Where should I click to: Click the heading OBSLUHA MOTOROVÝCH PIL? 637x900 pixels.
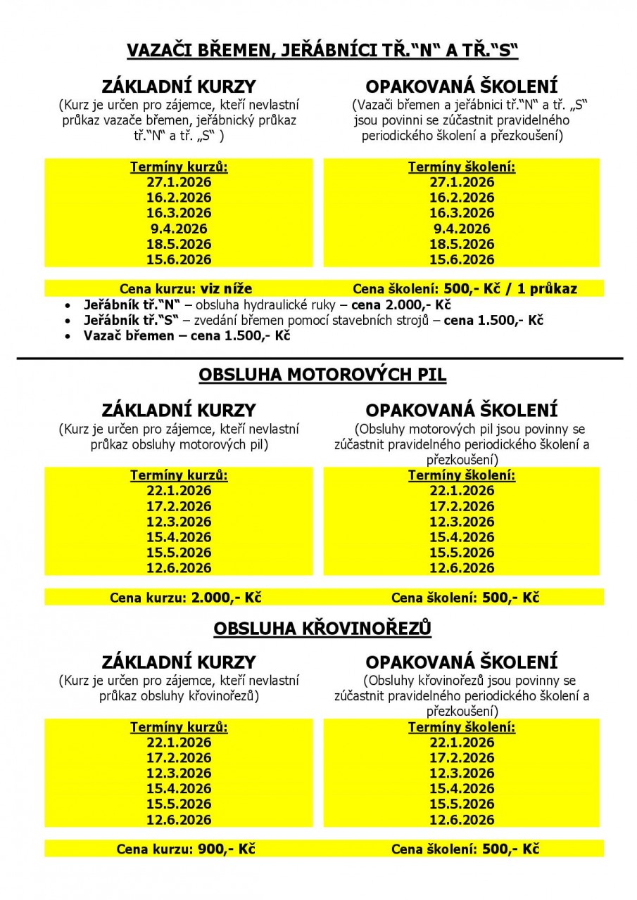coord(322,375)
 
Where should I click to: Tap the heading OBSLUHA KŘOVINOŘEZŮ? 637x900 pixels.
coord(322,627)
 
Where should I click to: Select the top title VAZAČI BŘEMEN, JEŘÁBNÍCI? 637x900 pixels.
coord(322,51)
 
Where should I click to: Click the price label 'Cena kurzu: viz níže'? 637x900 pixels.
coord(186,288)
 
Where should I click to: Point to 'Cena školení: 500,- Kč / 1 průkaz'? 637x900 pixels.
coord(465,288)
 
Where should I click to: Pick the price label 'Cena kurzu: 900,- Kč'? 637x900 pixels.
coord(186,849)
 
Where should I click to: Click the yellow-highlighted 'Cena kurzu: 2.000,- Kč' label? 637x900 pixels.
coord(186,598)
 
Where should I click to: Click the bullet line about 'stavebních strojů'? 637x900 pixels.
coord(313,321)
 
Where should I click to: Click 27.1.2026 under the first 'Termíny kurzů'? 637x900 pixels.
coord(179,182)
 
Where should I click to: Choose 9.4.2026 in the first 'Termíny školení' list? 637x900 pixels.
coord(462,229)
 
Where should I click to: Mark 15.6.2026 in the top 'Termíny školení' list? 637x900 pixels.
coord(462,259)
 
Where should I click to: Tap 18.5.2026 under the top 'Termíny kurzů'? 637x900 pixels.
coord(179,244)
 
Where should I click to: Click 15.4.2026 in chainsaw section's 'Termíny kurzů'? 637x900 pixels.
coord(179,537)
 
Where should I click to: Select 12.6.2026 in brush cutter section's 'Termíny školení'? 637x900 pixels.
coord(462,820)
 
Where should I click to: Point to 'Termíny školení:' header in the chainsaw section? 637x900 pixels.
coord(462,476)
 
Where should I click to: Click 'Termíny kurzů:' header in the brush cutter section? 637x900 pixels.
coord(179,728)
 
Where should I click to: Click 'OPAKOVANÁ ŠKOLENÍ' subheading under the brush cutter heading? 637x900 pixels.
coord(462,662)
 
